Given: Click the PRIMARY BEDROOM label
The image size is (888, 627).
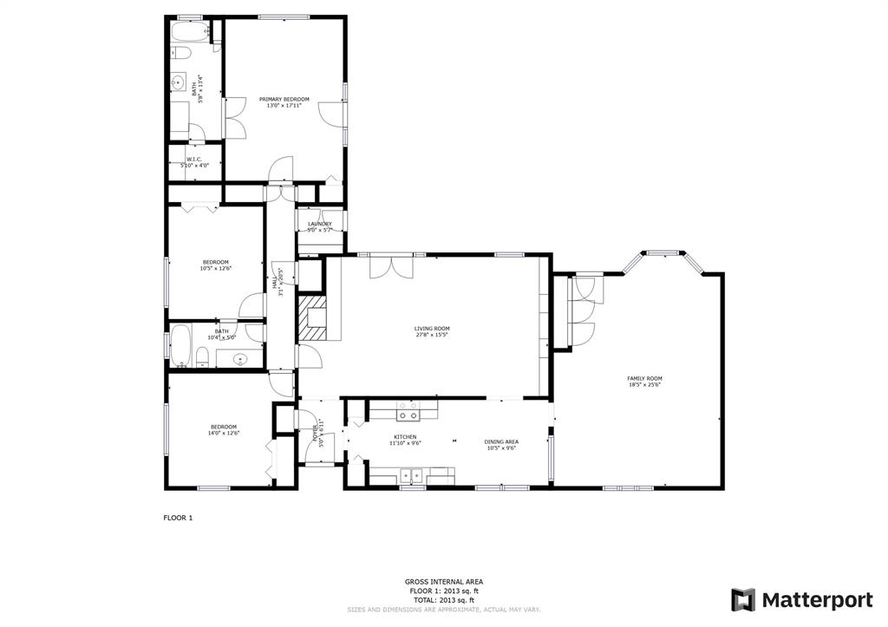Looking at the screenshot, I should pyautogui.click(x=284, y=100).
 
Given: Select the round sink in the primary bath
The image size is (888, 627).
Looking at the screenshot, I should pyautogui.click(x=178, y=84).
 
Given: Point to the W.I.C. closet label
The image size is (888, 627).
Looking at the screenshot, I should pyautogui.click(x=193, y=159).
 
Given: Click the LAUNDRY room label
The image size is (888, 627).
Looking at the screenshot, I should pyautogui.click(x=319, y=224).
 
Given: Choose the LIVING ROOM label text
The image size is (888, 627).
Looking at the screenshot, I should pyautogui.click(x=432, y=328).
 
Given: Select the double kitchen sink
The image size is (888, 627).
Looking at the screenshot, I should pyautogui.click(x=410, y=474).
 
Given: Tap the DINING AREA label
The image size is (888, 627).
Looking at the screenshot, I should pyautogui.click(x=501, y=441).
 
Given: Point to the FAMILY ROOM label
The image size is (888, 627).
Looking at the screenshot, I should pyautogui.click(x=644, y=378).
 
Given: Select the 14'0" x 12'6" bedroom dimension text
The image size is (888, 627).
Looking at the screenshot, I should pyautogui.click(x=224, y=433).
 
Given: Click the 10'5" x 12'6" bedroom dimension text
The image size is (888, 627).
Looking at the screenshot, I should pyautogui.click(x=215, y=269).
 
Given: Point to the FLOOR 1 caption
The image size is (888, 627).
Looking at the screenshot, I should pyautogui.click(x=178, y=518).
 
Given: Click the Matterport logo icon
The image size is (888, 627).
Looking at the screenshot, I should pyautogui.click(x=743, y=599).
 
